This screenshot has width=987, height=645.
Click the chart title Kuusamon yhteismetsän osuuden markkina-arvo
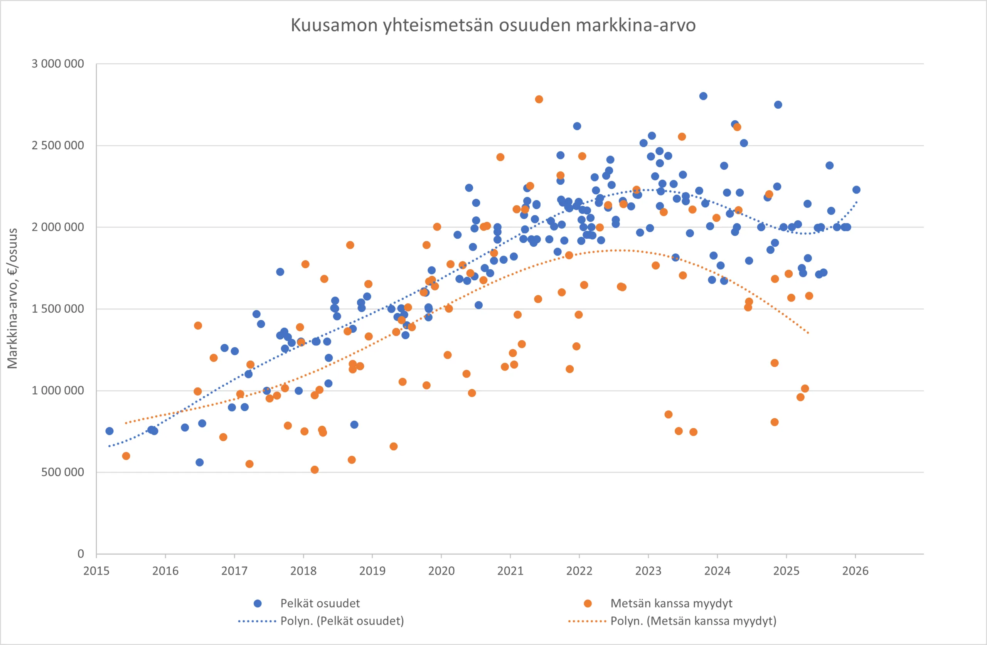pos(493,25)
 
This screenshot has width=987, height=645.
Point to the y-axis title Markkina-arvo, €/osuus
pos(12,298)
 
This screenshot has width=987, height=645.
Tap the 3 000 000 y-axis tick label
pos(58,64)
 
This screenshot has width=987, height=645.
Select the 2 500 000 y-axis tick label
pos(58,146)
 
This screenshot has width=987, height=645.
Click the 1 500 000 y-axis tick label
pos(58,309)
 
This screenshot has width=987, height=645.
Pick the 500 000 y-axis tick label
pos(62,472)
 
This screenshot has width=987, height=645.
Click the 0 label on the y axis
pos(81,554)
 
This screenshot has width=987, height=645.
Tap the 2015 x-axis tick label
pos(96,571)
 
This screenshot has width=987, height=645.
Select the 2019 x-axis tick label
pos(372,571)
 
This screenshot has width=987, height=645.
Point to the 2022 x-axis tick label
pos(579,571)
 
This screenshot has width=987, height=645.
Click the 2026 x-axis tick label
pos(855,571)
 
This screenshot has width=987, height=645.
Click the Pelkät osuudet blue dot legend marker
pos(258,603)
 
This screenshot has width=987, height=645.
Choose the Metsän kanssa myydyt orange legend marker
pos(588,603)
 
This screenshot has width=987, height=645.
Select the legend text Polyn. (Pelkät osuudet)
pos(342,621)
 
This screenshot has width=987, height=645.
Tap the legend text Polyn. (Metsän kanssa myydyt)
pos(693,621)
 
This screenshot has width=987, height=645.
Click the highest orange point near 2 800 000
pos(539,99)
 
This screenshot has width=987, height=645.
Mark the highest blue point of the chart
pos(703,96)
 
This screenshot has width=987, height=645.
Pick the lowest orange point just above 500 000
pos(315,470)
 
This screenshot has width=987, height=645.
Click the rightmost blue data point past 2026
pos(856,190)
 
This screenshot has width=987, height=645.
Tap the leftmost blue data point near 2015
pos(109,431)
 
